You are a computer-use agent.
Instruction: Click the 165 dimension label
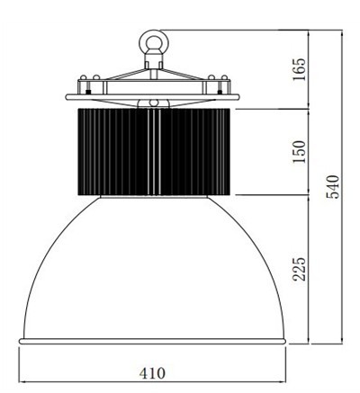(300, 69)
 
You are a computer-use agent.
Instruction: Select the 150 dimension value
(300, 152)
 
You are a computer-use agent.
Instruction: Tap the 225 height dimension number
(300, 269)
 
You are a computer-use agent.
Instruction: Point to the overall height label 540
(333, 187)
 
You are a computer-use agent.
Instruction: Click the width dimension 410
(152, 373)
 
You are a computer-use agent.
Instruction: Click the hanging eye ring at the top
(154, 41)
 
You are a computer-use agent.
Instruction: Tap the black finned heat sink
(154, 152)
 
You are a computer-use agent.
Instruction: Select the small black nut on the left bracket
(88, 92)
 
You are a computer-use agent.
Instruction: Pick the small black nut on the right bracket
(220, 92)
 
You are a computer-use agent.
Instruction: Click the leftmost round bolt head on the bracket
(84, 77)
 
